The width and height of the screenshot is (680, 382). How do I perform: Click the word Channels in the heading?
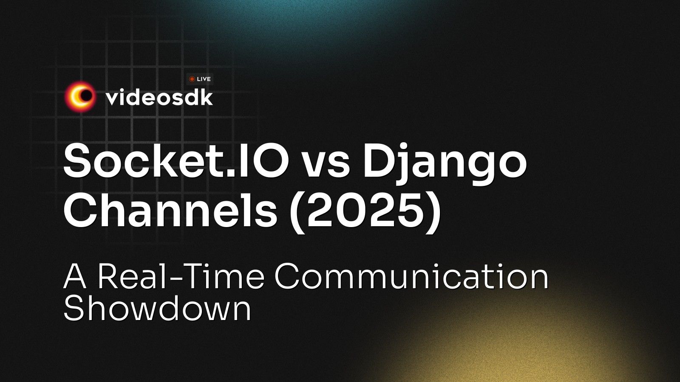(x=170, y=211)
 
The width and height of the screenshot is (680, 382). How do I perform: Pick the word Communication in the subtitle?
(x=411, y=276)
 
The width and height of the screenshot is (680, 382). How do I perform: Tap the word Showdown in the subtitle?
(x=157, y=309)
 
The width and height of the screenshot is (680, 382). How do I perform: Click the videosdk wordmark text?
(x=159, y=98)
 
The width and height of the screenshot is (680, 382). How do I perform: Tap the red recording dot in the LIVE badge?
(x=192, y=79)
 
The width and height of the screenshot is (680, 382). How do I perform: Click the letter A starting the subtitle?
(x=75, y=276)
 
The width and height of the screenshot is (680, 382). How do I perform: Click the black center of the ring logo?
(x=86, y=97)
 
